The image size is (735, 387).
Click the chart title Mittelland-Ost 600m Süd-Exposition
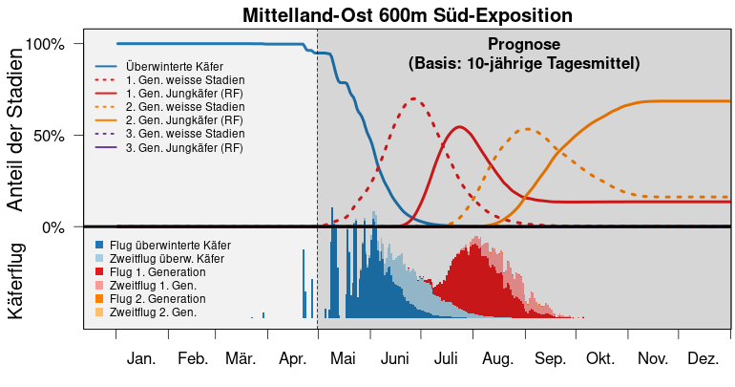coord(407,15)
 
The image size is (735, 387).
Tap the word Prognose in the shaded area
coord(524,45)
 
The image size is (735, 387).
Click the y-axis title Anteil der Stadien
coord(16,134)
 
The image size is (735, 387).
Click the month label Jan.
coord(141,359)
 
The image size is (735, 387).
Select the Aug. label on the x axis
coord(497,359)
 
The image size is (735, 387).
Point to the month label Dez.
coord(703,359)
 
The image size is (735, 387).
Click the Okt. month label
coord(600,359)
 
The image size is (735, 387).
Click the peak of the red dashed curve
coord(413,98)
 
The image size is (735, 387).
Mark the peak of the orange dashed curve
coord(527,129)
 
